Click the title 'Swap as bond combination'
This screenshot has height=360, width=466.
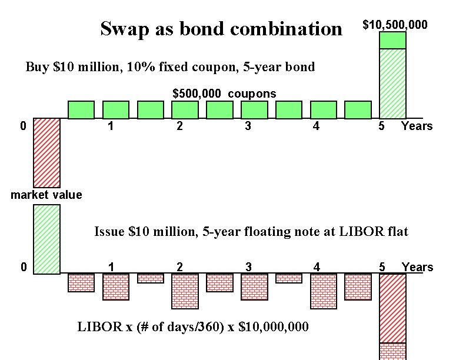(x=221, y=28)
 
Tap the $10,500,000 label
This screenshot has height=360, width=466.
(x=395, y=25)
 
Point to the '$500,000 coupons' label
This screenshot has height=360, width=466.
(x=224, y=94)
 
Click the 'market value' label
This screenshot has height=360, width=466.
(x=46, y=195)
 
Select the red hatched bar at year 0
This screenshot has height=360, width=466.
(x=46, y=152)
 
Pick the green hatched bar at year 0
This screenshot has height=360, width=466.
(x=46, y=239)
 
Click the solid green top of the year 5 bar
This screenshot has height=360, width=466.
(x=392, y=40)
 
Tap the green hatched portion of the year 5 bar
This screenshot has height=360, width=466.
(x=392, y=83)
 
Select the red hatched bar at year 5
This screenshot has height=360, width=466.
(x=392, y=308)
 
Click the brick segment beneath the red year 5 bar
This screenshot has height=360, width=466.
(x=392, y=351)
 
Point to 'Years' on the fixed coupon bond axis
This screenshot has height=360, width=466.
(x=417, y=126)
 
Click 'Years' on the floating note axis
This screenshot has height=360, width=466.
(x=417, y=267)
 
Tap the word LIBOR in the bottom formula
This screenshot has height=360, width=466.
(x=95, y=326)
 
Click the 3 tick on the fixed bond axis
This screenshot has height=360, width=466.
(x=248, y=126)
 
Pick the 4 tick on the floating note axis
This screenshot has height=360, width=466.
(x=317, y=267)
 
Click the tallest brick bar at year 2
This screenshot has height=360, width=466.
(x=185, y=291)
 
